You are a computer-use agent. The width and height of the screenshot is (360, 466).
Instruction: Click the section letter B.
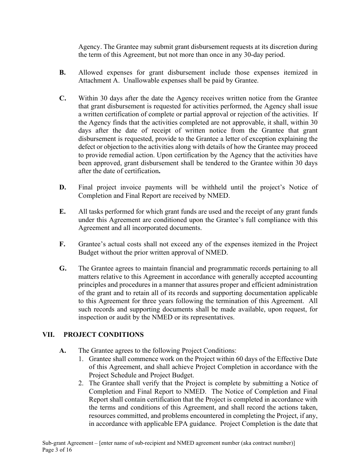[62, 72]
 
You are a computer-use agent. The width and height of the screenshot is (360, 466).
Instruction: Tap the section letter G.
[63, 269]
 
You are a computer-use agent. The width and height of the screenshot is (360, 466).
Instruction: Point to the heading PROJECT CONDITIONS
[103, 335]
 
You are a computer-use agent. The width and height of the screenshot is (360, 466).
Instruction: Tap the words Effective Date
[297, 359]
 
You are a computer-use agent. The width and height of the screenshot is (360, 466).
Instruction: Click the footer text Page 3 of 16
[57, 450]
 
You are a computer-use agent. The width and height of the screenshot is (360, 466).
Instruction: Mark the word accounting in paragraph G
[302, 277]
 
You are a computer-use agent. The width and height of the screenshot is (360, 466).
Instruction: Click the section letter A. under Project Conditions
[63, 351]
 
